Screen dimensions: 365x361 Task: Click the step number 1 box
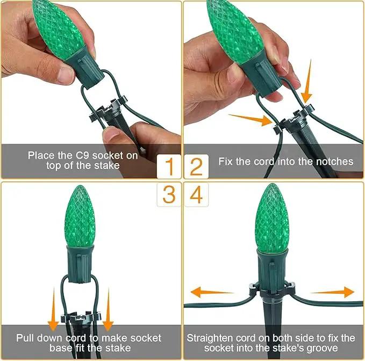[169, 166]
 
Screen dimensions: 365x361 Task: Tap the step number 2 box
[196, 166]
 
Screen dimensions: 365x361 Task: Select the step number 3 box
[169, 195]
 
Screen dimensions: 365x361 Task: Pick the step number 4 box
[196, 195]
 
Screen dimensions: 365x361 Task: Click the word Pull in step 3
[25, 338]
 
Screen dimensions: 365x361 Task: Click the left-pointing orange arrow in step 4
[212, 292]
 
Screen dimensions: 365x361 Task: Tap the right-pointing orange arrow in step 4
[332, 292]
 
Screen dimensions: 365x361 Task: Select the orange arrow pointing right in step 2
[251, 119]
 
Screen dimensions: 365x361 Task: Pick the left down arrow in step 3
[53, 309]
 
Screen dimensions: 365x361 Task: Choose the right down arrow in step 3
[108, 309]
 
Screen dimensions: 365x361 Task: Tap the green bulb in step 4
[271, 218]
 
